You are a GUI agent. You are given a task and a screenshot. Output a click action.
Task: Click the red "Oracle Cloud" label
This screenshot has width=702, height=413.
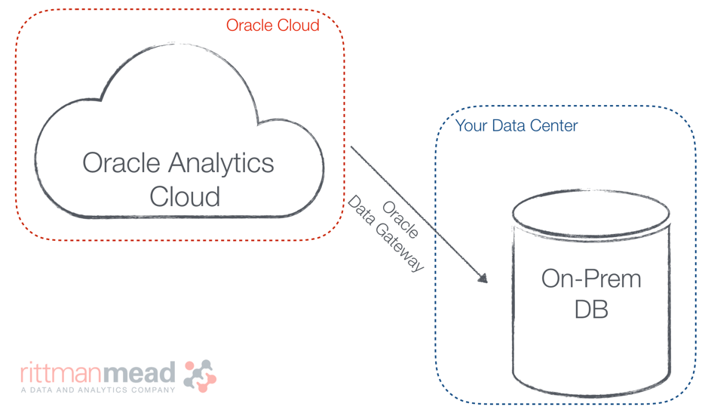click(x=272, y=26)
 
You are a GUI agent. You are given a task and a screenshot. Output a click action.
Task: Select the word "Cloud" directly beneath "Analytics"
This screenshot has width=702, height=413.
click(x=185, y=196)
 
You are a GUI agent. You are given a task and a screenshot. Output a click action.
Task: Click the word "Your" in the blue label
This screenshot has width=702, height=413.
click(x=471, y=126)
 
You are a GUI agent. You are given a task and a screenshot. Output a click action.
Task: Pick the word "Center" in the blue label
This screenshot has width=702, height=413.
click(x=552, y=126)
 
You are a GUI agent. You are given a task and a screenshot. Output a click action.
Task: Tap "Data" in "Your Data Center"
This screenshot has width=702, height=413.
click(x=508, y=126)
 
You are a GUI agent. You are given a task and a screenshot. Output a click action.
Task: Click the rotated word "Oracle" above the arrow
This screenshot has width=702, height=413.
click(x=400, y=219)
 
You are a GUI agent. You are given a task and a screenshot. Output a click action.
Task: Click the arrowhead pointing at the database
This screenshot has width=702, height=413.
click(x=482, y=278)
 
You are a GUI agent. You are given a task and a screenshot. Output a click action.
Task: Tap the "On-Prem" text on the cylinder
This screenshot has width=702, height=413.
click(x=590, y=279)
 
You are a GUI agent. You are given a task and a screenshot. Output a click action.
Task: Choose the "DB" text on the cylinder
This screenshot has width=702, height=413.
click(x=590, y=310)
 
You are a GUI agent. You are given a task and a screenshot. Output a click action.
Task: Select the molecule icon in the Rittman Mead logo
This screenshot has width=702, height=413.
click(x=200, y=375)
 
